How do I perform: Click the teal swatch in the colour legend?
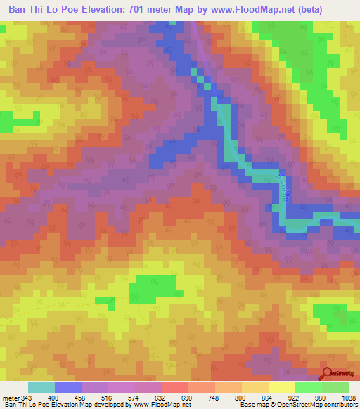click(x=41, y=388)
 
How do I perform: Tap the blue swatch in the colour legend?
click(x=68, y=388)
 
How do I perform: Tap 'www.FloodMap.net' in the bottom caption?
click(x=162, y=405)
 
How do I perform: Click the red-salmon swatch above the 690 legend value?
click(x=174, y=388)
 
